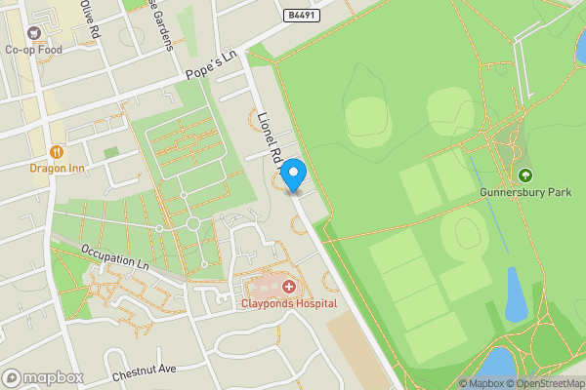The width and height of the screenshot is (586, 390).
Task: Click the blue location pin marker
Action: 294,175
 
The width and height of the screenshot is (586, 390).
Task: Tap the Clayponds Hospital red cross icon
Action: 289,287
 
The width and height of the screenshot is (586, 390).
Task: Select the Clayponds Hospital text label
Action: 289,303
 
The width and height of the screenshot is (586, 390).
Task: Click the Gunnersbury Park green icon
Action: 525,175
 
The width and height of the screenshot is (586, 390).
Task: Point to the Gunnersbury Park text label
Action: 525,192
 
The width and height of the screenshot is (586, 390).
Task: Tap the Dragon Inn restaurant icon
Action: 57,151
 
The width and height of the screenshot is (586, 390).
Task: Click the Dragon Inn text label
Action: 57,167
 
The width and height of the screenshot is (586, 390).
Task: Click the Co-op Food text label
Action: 34,50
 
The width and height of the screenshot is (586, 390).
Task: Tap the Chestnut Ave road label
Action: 143,370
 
